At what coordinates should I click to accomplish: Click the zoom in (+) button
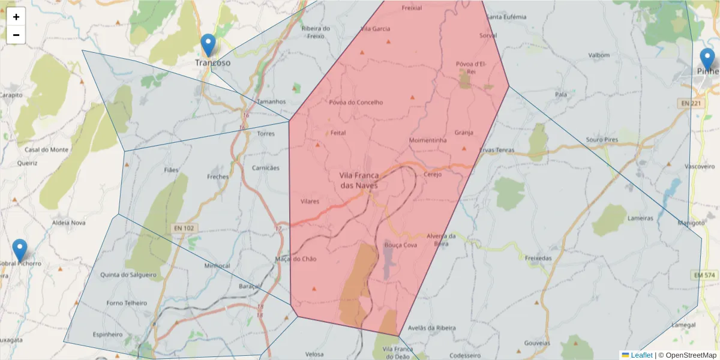pyautogui.click(x=16, y=17)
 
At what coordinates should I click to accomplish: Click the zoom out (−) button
pyautogui.click(x=16, y=35)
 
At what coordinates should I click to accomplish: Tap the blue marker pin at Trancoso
pyautogui.click(x=208, y=45)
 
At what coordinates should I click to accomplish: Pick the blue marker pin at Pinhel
pyautogui.click(x=707, y=59)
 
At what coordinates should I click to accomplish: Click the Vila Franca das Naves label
pyautogui.click(x=359, y=180)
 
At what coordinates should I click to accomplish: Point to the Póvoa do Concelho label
pyautogui.click(x=356, y=102)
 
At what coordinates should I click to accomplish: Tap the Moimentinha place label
pyautogui.click(x=428, y=140)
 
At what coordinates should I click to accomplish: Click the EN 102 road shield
pyautogui.click(x=184, y=228)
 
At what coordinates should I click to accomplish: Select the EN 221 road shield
pyautogui.click(x=691, y=104)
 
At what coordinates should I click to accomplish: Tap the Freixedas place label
pyautogui.click(x=538, y=258)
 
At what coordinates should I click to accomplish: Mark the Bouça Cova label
pyautogui.click(x=400, y=245)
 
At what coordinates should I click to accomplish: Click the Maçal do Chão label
pyautogui.click(x=295, y=259)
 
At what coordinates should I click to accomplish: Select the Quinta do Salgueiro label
pyautogui.click(x=128, y=275)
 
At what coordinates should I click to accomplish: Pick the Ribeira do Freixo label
pyautogui.click(x=316, y=32)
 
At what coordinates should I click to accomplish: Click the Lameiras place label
pyautogui.click(x=640, y=218)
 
